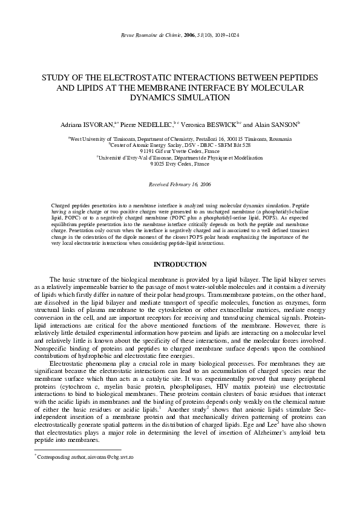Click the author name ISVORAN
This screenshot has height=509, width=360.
pos(98,125)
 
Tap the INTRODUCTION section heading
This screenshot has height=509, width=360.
pos(180,265)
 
